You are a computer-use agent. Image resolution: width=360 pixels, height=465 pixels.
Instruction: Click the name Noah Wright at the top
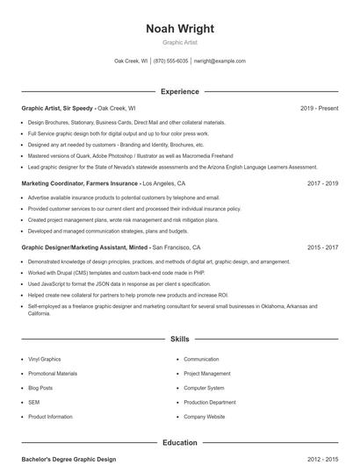click(180, 28)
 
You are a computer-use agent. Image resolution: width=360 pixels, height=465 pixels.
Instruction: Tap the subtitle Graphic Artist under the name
click(180, 42)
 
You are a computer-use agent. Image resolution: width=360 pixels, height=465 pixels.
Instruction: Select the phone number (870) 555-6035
click(171, 61)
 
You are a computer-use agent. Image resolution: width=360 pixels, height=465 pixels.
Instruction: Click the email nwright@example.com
click(220, 61)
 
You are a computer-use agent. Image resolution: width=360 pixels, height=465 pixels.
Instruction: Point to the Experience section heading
click(180, 91)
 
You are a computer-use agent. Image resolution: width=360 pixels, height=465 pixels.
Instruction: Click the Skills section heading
click(180, 338)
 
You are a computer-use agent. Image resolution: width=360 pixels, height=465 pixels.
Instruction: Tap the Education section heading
click(180, 443)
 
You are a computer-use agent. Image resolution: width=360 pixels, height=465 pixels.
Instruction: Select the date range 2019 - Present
click(319, 109)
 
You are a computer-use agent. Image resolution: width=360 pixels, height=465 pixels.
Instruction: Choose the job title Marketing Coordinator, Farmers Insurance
click(80, 184)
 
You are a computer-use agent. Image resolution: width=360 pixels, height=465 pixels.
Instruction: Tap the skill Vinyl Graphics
click(45, 359)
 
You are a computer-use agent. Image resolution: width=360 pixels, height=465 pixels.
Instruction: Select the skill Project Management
click(206, 374)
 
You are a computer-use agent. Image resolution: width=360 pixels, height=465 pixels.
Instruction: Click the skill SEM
click(34, 402)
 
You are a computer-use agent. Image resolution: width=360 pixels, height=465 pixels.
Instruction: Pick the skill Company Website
click(205, 417)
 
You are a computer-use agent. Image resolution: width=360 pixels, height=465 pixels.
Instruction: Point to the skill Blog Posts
click(40, 388)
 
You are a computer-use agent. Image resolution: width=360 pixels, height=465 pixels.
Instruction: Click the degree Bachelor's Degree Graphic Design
click(68, 459)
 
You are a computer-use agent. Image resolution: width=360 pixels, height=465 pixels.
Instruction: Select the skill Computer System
click(204, 388)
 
